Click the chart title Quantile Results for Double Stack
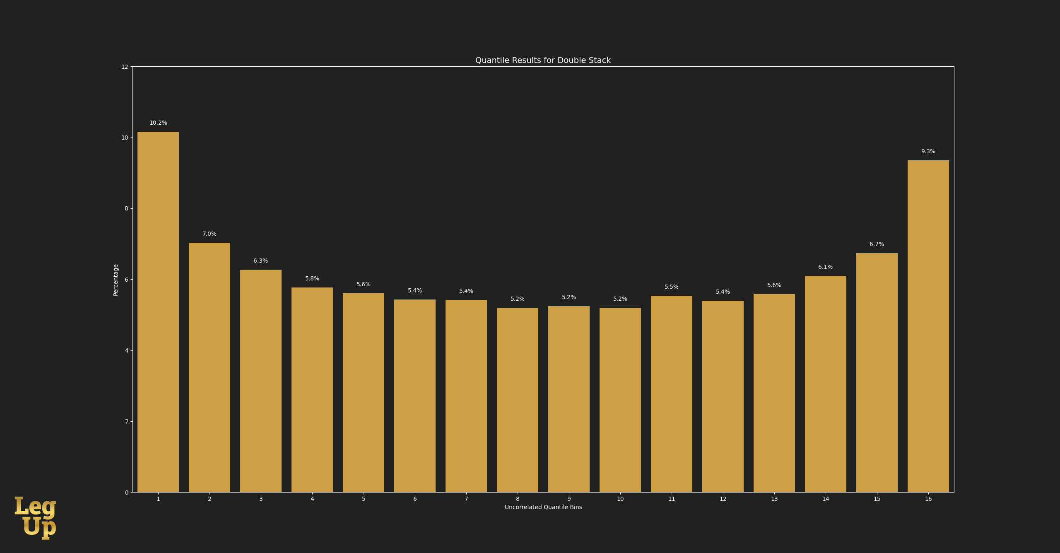coord(543,60)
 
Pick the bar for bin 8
coord(518,400)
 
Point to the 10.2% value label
coord(158,123)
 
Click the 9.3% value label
coord(928,152)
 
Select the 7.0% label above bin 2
coord(210,234)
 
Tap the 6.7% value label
coord(877,244)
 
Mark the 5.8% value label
coord(312,279)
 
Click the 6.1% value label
coord(825,267)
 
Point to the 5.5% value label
coord(672,287)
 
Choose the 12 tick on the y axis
coord(125,67)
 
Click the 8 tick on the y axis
coord(126,209)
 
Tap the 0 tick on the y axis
coord(126,493)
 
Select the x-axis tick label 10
coord(620,499)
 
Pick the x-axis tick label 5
coord(364,499)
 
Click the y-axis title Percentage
coord(116,280)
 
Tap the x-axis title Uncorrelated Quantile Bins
coord(543,507)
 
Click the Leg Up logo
coord(36,517)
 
